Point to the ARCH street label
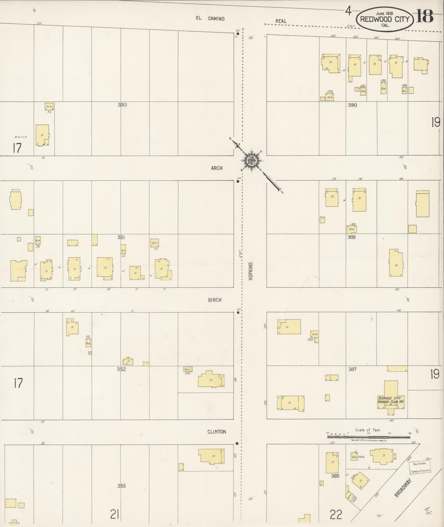[217, 168]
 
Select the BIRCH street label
[215, 300]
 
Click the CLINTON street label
[217, 432]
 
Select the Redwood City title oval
[385, 19]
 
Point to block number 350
[122, 105]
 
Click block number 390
[352, 105]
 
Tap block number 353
[121, 486]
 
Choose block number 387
[352, 369]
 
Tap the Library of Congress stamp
[420, 467]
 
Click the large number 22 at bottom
[336, 514]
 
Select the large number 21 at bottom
[115, 514]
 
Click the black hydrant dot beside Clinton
[237, 444]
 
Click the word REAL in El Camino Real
[281, 21]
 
